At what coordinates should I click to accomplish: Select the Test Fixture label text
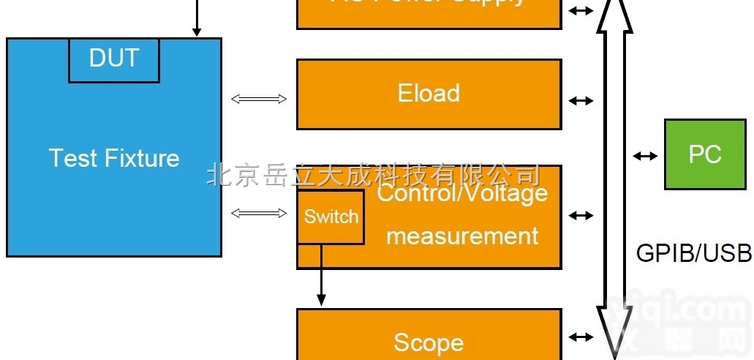[114, 158]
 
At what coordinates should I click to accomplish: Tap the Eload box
[429, 94]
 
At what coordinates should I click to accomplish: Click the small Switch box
[331, 217]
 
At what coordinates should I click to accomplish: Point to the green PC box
[704, 154]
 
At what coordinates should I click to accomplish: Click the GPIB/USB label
[693, 252]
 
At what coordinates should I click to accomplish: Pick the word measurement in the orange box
[462, 236]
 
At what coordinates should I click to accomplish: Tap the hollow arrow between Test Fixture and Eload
[259, 99]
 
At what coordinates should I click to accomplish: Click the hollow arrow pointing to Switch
[259, 213]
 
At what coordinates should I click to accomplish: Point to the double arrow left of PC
[644, 155]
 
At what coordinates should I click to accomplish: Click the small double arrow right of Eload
[581, 101]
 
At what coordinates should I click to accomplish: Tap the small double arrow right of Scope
[581, 337]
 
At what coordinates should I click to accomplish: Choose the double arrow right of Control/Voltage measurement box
[581, 216]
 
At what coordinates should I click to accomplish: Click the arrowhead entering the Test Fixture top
[196, 31]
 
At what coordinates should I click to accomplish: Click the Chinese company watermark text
[373, 175]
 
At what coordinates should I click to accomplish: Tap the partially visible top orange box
[429, 11]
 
